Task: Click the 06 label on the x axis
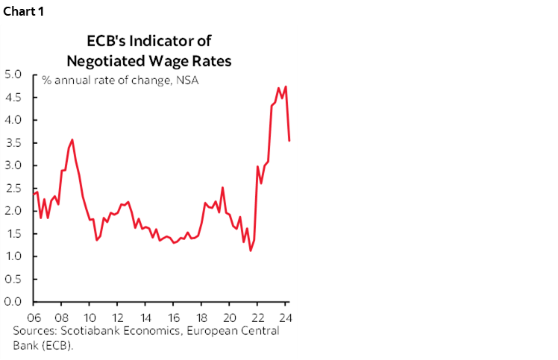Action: point(34,316)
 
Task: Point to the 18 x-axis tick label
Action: point(200,316)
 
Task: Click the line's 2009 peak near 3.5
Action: point(72,139)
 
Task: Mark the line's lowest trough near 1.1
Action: point(251,250)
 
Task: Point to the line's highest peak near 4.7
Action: point(286,86)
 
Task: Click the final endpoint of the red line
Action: point(289,140)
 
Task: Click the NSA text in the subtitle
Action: point(187,80)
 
